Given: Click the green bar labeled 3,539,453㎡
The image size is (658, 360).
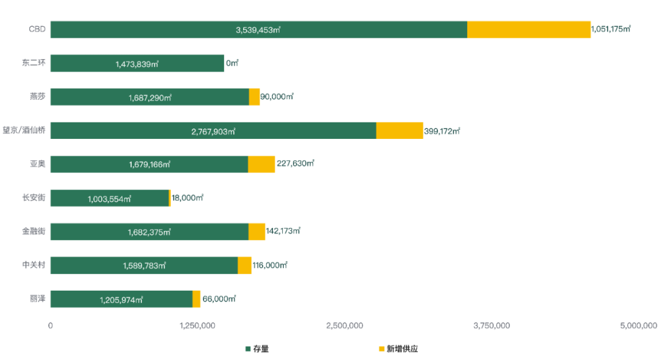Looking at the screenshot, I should pyautogui.click(x=258, y=29).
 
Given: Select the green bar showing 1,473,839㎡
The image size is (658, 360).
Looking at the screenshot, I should pyautogui.click(x=137, y=63).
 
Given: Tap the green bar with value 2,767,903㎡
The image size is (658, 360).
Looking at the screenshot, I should pyautogui.click(x=213, y=131).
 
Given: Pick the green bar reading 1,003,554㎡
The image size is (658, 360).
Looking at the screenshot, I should pyautogui.click(x=109, y=199).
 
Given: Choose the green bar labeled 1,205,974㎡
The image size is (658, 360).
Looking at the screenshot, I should pyautogui.click(x=121, y=299).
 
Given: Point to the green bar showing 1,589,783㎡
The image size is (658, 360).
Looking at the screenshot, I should pyautogui.click(x=144, y=266).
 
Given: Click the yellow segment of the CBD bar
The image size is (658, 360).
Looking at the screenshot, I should pyautogui.click(x=529, y=29).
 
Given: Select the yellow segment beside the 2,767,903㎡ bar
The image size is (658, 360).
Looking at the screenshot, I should pyautogui.click(x=400, y=131).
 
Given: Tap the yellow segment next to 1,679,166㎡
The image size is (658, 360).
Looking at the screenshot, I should pyautogui.click(x=261, y=164).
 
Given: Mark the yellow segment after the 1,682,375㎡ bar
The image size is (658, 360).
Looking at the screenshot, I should pyautogui.click(x=256, y=232).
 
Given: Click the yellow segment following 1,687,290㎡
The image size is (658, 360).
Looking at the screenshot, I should pyautogui.click(x=254, y=97).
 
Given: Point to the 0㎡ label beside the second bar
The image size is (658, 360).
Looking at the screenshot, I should pyautogui.click(x=233, y=63).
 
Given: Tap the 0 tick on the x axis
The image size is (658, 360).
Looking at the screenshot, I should pyautogui.click(x=51, y=326).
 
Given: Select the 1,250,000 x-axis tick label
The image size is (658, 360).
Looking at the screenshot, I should pyautogui.click(x=197, y=326).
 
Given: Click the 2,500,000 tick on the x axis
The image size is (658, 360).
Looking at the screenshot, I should pyautogui.click(x=345, y=326).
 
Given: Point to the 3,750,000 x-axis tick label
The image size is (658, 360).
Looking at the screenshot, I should pyautogui.click(x=492, y=326).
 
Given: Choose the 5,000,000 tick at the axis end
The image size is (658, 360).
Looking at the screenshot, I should pyautogui.click(x=638, y=326).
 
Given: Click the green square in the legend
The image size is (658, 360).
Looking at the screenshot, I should pyautogui.click(x=248, y=349).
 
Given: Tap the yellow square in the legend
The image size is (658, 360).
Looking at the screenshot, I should pyautogui.click(x=382, y=349).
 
